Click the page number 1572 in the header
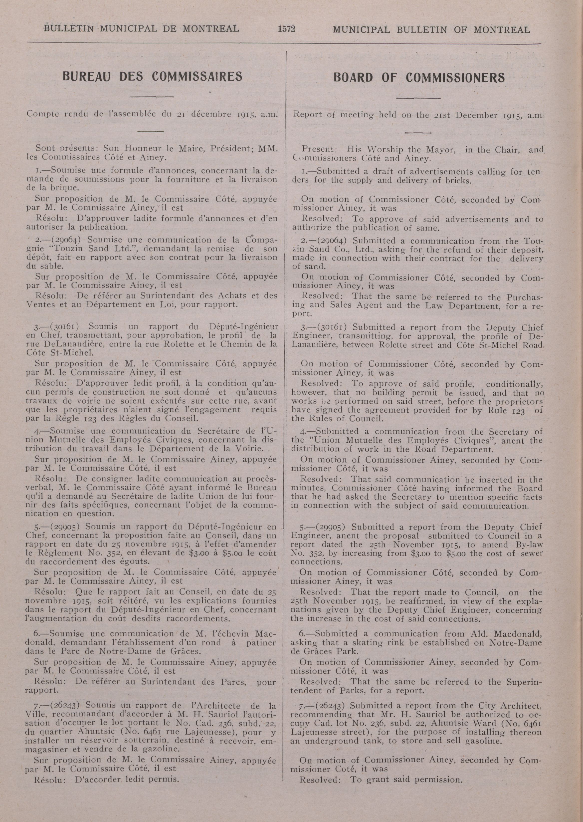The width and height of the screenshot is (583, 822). click(x=286, y=29)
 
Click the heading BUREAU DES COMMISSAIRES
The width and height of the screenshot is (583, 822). click(x=152, y=76)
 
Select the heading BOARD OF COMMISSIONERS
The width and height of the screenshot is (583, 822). click(x=419, y=78)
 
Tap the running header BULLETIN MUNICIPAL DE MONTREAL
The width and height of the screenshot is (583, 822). click(x=141, y=28)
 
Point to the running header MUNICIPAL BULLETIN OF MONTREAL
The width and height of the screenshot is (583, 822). click(x=431, y=30)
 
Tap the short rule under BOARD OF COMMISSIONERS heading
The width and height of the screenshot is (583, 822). click(x=418, y=98)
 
